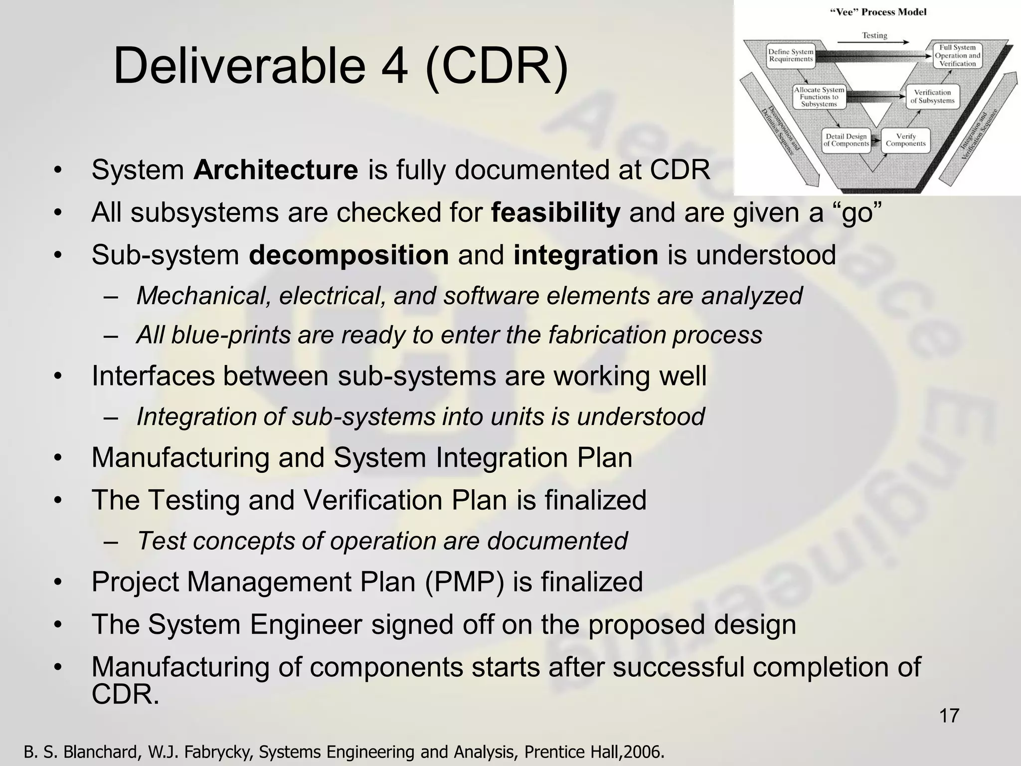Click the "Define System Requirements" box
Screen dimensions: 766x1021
791,55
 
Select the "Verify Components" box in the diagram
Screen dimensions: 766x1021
905,140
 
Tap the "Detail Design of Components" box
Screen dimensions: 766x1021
846,140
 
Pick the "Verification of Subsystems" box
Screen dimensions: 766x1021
932,96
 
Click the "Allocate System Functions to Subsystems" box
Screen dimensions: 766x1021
819,97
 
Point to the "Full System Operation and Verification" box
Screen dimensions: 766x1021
957,55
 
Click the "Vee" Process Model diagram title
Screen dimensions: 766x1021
878,12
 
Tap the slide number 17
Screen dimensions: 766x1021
949,716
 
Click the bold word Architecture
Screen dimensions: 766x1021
276,170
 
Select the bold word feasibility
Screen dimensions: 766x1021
555,212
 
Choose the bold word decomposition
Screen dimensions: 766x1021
349,255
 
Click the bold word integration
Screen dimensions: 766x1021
586,255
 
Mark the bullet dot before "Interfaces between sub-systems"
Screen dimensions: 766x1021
58,377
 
